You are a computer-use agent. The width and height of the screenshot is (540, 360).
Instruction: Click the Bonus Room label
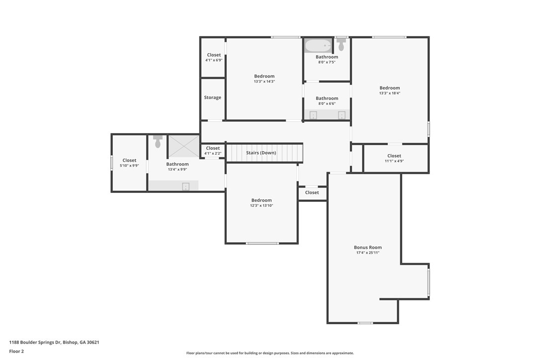click(x=368, y=247)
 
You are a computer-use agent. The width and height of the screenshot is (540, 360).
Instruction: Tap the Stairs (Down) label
click(x=261, y=153)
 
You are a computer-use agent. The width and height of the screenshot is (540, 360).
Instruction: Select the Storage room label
click(x=212, y=97)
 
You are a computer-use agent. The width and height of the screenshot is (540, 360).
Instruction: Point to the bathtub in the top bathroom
click(x=318, y=45)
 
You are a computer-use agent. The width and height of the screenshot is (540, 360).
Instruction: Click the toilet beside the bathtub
click(x=341, y=44)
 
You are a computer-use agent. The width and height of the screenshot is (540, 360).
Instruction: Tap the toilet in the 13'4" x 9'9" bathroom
click(x=158, y=141)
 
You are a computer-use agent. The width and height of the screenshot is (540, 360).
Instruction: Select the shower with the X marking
click(x=183, y=146)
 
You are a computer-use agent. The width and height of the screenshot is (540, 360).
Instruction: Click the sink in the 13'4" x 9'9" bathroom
click(x=185, y=186)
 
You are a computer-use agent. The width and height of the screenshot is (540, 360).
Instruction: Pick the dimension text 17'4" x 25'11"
click(x=368, y=253)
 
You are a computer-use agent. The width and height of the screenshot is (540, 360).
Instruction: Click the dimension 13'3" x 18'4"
click(x=390, y=93)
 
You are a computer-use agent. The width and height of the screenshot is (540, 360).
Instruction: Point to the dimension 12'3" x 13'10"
click(x=262, y=205)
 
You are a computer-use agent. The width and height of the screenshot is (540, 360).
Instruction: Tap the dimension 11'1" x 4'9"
click(x=394, y=161)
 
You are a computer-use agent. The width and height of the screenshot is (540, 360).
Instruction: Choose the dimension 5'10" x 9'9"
click(x=129, y=166)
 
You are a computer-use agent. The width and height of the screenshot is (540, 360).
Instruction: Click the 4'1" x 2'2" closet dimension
click(x=213, y=153)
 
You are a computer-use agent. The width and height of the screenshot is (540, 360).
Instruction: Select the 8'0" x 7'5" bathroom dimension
click(x=327, y=62)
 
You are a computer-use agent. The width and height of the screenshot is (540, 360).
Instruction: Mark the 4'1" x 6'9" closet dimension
click(x=214, y=60)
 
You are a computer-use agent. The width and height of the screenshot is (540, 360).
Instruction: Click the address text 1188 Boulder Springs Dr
click(x=35, y=343)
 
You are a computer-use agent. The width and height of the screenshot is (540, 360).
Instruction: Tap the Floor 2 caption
click(x=16, y=352)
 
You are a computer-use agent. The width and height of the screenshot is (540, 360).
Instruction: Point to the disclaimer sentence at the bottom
click(x=270, y=353)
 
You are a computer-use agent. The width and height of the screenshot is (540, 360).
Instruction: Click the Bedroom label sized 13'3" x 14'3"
click(x=265, y=76)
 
